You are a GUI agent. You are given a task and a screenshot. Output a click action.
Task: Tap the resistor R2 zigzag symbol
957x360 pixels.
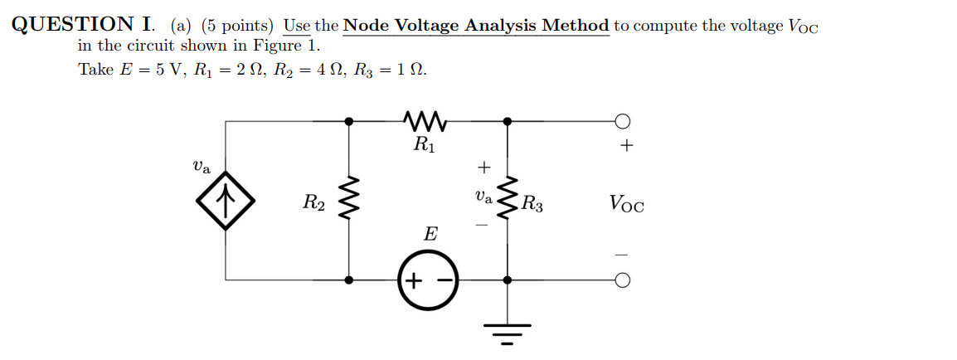click(x=348, y=197)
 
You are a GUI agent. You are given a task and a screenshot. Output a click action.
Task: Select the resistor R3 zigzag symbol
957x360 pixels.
click(x=508, y=197)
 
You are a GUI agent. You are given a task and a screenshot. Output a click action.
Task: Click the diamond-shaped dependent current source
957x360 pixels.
click(x=226, y=200)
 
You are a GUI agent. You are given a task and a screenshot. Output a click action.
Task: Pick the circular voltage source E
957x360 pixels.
click(x=426, y=280)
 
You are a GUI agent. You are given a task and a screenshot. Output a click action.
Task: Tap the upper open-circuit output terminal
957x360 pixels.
click(x=623, y=121)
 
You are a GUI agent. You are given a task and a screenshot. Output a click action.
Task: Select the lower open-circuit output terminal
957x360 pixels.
click(x=623, y=280)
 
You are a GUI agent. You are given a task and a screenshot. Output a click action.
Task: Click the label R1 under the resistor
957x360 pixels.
click(x=425, y=145)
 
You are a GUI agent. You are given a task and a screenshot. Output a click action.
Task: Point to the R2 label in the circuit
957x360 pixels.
click(x=313, y=202)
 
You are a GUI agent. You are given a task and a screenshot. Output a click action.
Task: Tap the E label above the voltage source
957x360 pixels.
click(x=430, y=234)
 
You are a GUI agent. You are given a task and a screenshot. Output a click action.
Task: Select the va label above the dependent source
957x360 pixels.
click(x=201, y=168)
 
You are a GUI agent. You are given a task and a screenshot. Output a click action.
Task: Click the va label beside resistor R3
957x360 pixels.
click(x=483, y=197)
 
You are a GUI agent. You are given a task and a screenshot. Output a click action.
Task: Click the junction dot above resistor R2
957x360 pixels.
click(x=348, y=121)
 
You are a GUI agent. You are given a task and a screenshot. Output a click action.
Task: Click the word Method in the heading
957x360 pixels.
click(x=576, y=26)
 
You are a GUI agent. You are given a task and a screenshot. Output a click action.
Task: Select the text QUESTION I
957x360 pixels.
click(x=84, y=24)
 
